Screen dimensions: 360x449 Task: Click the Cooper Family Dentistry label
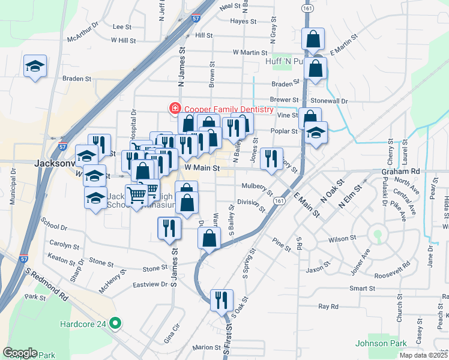[x=229, y=109]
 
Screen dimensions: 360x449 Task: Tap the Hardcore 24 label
[x=83, y=324]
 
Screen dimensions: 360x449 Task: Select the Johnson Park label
[x=376, y=344]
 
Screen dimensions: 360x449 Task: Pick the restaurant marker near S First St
[x=221, y=299]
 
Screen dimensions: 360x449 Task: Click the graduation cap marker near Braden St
[x=35, y=65]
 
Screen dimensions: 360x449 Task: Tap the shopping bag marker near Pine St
[x=209, y=238]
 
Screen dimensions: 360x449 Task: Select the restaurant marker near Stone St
[x=168, y=227]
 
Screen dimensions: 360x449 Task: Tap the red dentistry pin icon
[x=175, y=109]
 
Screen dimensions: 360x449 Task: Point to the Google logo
[x=20, y=353]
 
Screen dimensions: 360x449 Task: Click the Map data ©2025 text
[x=423, y=355]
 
